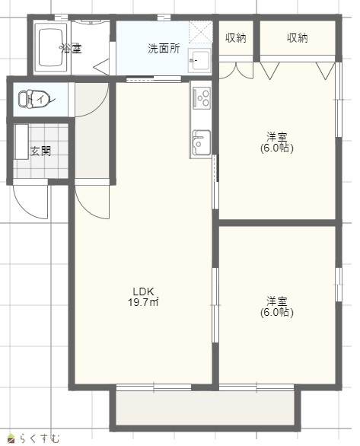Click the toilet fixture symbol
pyautogui.click(x=33, y=98)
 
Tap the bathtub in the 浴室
pyautogui.click(x=51, y=47)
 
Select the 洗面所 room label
pyautogui.click(x=164, y=49)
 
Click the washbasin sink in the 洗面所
pyautogui.click(x=199, y=60)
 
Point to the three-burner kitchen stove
pyautogui.click(x=202, y=98)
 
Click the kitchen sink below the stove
pyautogui.click(x=202, y=143)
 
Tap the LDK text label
pyautogui.click(x=143, y=291)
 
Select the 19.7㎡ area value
pyautogui.click(x=143, y=302)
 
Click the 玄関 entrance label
pyautogui.click(x=41, y=151)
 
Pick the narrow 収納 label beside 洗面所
pyautogui.click(x=236, y=38)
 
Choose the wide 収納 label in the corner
pyautogui.click(x=298, y=38)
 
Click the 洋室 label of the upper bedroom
pyautogui.click(x=277, y=137)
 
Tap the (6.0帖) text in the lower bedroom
pyautogui.click(x=277, y=312)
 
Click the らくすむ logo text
pyautogui.click(x=40, y=438)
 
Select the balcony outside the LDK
pyautogui.click(x=205, y=408)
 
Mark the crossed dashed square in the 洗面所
pyautogui.click(x=200, y=31)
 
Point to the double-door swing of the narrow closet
pyautogui.click(x=236, y=70)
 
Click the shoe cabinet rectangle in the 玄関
pyautogui.click(x=21, y=142)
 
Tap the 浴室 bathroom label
pyautogui.click(x=71, y=49)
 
